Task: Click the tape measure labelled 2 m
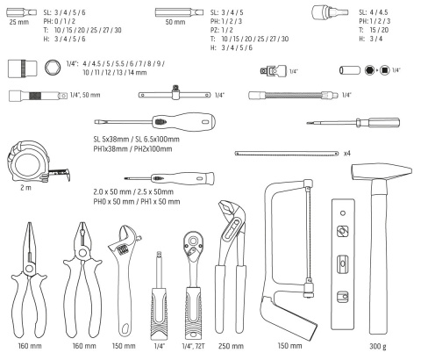29,162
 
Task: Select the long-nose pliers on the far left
29,279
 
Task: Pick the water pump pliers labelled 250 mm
231,266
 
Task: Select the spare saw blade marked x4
287,153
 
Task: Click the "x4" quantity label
347,153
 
